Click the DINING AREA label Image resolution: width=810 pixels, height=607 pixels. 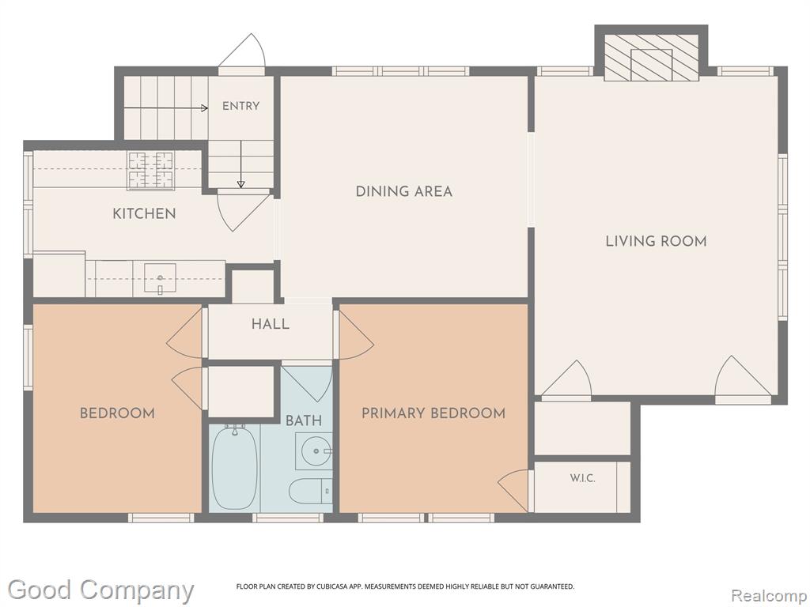[x=404, y=191]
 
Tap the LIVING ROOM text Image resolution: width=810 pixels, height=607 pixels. [x=656, y=241]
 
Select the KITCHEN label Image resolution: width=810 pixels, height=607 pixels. [x=144, y=213]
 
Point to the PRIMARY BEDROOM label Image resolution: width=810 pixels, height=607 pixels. [x=433, y=413]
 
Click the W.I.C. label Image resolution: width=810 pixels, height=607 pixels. [x=583, y=478]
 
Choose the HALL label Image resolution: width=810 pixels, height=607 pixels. [x=271, y=324]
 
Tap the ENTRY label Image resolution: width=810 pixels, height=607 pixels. [x=240, y=106]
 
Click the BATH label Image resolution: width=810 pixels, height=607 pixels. [x=304, y=420]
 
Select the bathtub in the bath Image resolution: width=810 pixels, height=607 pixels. [x=234, y=467]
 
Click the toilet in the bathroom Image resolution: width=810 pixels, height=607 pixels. [x=310, y=490]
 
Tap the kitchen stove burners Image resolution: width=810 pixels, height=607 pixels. [x=150, y=171]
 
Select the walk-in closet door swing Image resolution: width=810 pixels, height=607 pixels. [x=514, y=489]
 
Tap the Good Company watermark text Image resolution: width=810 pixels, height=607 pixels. [x=101, y=590]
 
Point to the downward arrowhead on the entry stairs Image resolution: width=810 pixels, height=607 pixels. [x=240, y=184]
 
